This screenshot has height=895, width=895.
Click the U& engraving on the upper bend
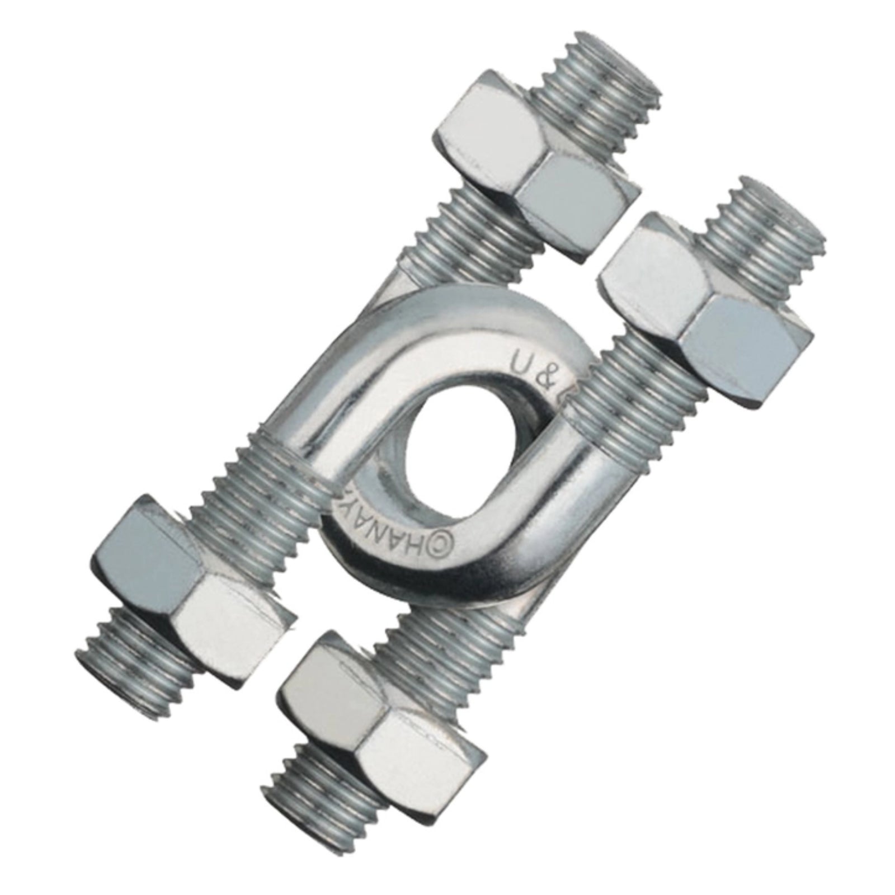pyautogui.click(x=529, y=369)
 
